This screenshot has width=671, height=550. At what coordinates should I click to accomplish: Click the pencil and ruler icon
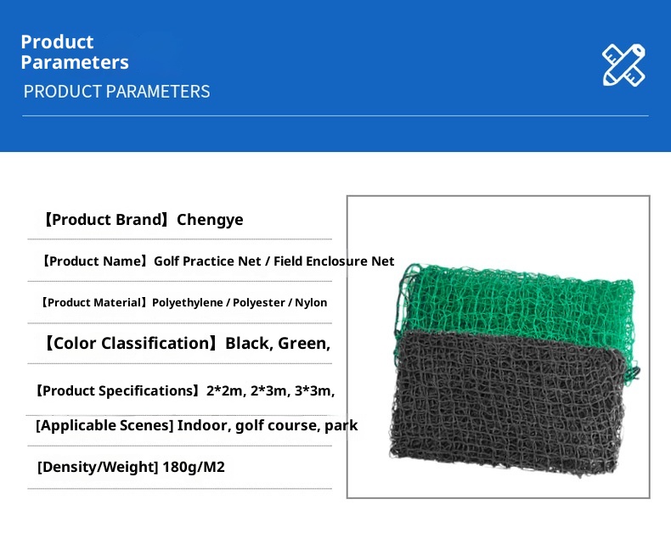623,65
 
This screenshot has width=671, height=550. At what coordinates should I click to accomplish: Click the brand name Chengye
210,220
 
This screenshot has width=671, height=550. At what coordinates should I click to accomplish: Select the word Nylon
311,303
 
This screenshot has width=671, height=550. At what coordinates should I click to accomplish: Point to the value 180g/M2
194,467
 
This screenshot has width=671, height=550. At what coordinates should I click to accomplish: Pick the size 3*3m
314,391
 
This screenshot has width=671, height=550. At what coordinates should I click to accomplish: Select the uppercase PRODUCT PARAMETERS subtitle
117,92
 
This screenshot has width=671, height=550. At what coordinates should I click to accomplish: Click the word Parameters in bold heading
75,63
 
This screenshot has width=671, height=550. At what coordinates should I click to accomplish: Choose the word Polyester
259,303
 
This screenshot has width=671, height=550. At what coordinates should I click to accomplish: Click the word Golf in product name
166,261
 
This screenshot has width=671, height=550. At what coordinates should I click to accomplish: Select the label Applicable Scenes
104,425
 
